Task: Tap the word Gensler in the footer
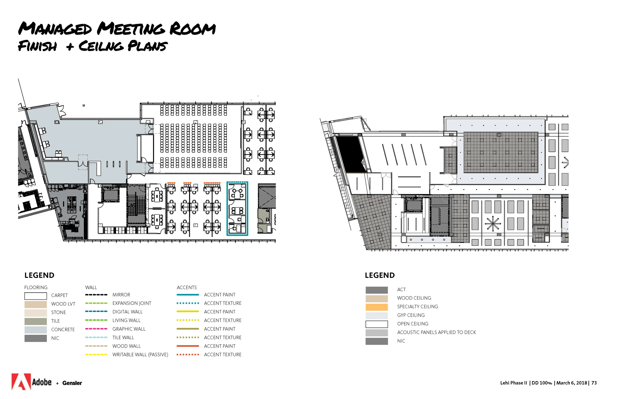click(x=72, y=383)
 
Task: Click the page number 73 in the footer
click(x=594, y=383)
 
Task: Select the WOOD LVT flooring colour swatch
click(x=36, y=305)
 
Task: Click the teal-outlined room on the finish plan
click(x=237, y=209)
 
